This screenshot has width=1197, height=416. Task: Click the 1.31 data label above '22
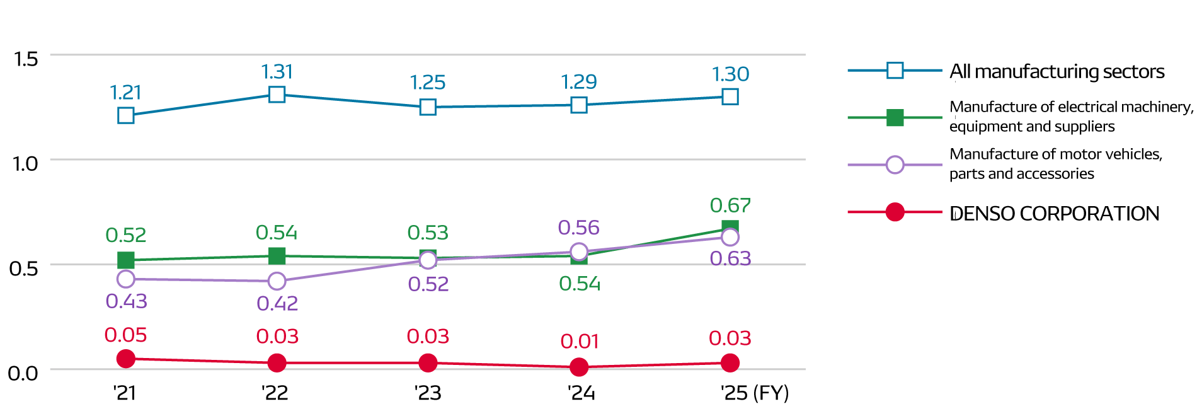[277, 72]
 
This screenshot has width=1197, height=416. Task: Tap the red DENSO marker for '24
[579, 367]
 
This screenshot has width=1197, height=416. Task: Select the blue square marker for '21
[126, 115]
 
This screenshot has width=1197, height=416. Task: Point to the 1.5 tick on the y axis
[26, 59]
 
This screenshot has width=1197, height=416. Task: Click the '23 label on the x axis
[428, 393]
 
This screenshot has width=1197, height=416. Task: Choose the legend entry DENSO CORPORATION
[1054, 214]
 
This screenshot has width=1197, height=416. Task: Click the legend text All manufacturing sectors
[1057, 72]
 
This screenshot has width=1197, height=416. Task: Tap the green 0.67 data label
[730, 205]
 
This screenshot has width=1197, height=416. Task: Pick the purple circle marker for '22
[277, 281]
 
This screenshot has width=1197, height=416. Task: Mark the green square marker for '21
[126, 260]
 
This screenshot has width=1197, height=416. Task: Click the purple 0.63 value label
[730, 258]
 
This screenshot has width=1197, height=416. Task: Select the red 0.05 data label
[125, 335]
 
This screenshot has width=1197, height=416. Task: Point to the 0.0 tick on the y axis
[23, 373]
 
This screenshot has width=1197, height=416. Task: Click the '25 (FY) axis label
[755, 393]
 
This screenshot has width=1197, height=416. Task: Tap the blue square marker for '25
[730, 96]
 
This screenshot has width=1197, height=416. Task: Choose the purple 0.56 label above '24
[578, 228]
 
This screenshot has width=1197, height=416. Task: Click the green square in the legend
[895, 118]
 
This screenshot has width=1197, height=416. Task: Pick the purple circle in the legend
[895, 165]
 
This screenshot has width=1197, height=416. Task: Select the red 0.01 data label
[579, 342]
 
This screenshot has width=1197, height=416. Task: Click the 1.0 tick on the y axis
[26, 164]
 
